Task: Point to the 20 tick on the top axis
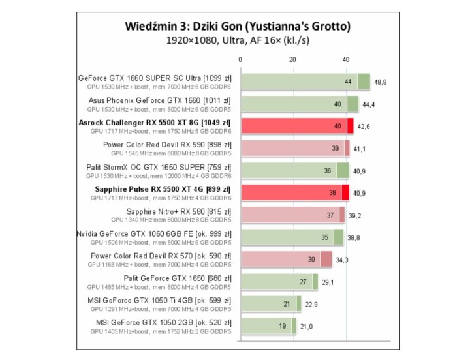[293, 60]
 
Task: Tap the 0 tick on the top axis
[241, 60]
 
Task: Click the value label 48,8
[381, 82]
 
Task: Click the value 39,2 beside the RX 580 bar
[354, 215]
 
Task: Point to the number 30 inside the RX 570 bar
[311, 260]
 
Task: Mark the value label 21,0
[306, 327]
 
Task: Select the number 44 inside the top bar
[348, 82]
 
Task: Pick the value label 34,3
[341, 260]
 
